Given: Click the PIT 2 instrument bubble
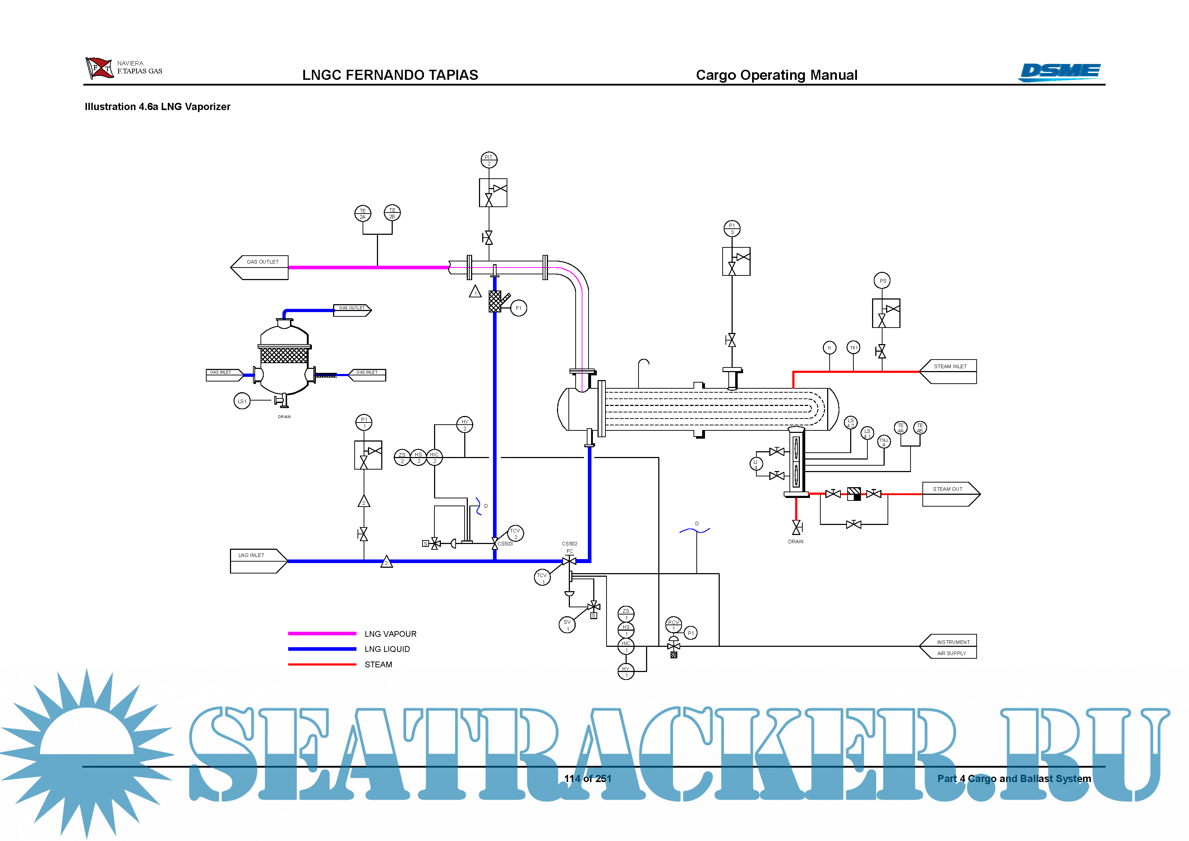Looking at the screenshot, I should pos(488,160).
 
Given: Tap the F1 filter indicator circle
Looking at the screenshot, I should pos(519,308).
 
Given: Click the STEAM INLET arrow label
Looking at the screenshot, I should pos(949,371).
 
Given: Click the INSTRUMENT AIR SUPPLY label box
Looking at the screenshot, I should pos(949,647).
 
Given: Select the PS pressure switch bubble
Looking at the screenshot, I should pos(882,281).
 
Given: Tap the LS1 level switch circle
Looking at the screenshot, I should pos(242,401).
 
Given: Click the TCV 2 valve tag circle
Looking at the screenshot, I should pos(515,533).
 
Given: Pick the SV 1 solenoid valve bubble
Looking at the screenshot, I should pos(567,625).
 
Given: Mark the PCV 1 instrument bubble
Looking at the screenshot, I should pos(673,625).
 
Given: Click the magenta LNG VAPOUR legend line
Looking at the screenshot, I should pos(322,633).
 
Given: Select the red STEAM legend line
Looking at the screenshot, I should pos(322,664).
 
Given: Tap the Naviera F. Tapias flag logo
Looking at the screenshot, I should pos(100,68).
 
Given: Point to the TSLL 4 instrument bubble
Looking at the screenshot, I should pos(884,442).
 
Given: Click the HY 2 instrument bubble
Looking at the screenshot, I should pos(465,424).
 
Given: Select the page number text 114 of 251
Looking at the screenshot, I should pos(588,778).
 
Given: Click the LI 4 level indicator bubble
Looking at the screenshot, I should pos(756,464).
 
